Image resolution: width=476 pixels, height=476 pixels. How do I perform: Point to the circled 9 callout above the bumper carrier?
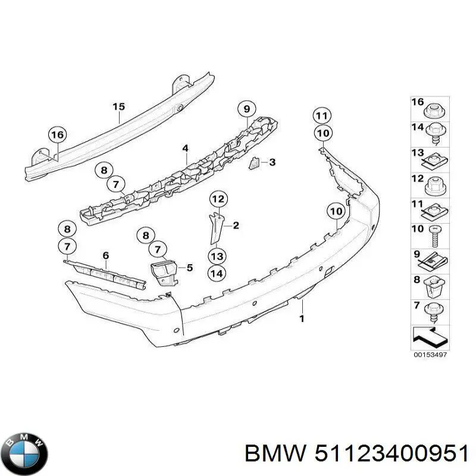pyautogui.click(x=245, y=109)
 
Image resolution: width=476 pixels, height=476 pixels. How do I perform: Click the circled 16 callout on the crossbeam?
pyautogui.click(x=57, y=135)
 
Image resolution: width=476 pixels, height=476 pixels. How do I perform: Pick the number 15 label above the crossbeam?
pyautogui.click(x=118, y=107)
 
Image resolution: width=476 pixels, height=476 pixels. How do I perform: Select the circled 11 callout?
pyautogui.click(x=322, y=115)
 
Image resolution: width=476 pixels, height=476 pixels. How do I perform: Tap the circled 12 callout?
pyautogui.click(x=218, y=199)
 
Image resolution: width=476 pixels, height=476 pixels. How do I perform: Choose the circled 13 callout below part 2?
pyautogui.click(x=217, y=256)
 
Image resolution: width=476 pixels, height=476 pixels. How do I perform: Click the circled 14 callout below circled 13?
pyautogui.click(x=217, y=274)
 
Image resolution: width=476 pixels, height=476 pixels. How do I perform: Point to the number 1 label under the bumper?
pyautogui.click(x=302, y=319)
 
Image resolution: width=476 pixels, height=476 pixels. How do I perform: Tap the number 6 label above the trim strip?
pyautogui.click(x=106, y=256)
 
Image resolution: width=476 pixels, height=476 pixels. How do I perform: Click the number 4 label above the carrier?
pyautogui.click(x=185, y=148)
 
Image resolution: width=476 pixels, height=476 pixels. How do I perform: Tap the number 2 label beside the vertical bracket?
pyautogui.click(x=236, y=226)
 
